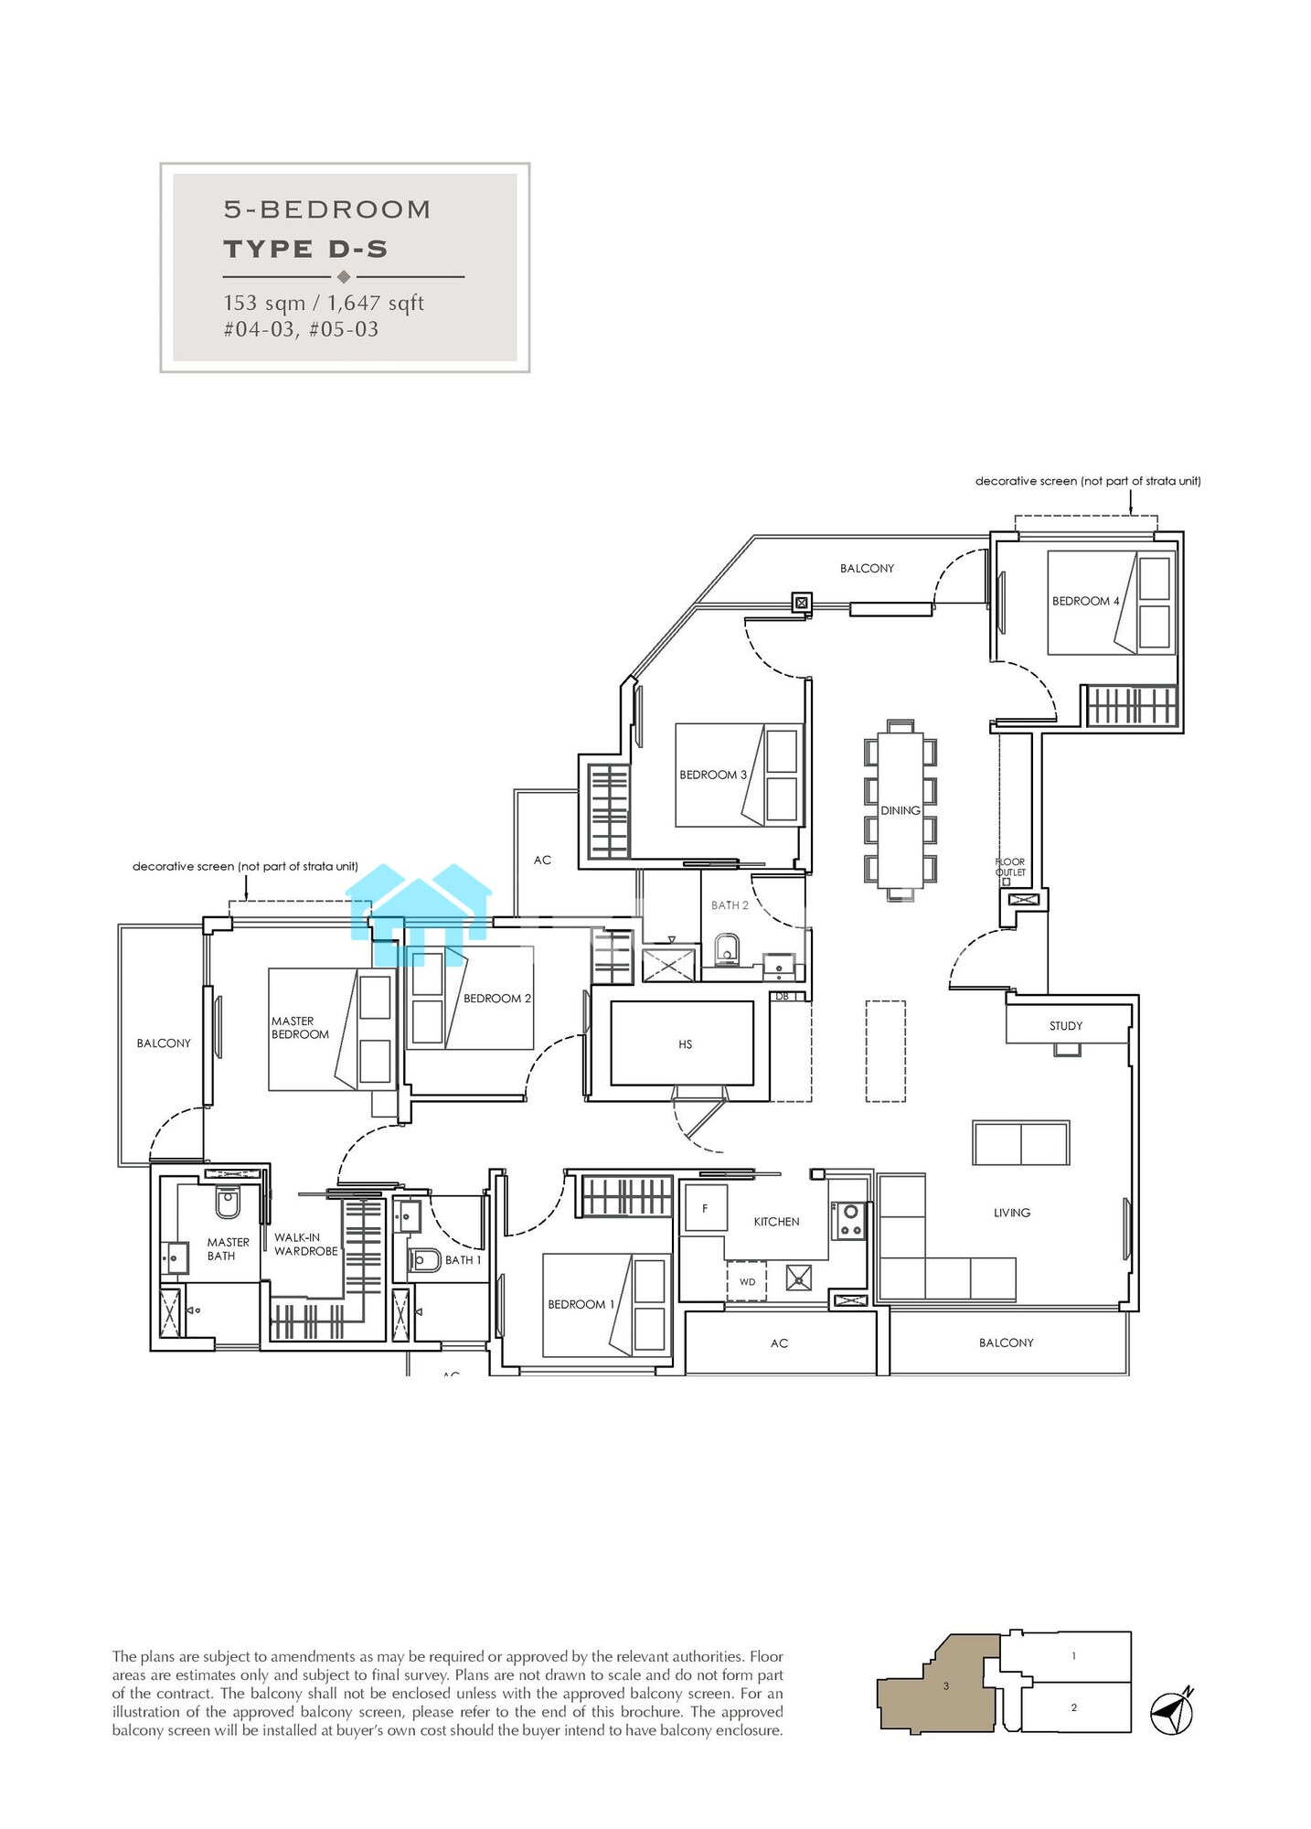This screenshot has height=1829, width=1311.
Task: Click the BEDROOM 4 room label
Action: (x=1085, y=601)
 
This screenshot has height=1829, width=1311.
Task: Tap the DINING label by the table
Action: (x=901, y=810)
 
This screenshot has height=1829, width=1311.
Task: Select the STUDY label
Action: (x=1066, y=1026)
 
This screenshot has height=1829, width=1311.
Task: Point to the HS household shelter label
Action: (x=686, y=1044)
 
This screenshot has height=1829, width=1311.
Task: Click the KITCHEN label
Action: (x=776, y=1222)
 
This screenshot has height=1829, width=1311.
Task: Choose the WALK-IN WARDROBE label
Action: (x=306, y=1245)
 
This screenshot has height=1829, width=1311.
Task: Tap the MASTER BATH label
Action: (x=228, y=1249)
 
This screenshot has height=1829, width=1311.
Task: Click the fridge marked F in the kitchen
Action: (x=706, y=1209)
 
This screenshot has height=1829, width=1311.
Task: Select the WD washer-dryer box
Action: (x=747, y=1281)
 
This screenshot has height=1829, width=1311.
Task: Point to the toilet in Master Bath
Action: (x=228, y=1202)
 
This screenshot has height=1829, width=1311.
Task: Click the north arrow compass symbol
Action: (x=1172, y=1710)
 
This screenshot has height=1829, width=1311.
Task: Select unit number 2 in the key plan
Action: (x=1073, y=1707)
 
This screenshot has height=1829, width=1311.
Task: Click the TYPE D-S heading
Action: (x=306, y=249)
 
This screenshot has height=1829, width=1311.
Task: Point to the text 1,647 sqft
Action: (x=376, y=303)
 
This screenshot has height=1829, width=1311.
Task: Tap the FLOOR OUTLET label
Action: (x=1010, y=867)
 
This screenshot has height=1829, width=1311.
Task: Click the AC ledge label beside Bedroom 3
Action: (x=542, y=861)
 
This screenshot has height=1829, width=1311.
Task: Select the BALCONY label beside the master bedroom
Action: (x=164, y=1043)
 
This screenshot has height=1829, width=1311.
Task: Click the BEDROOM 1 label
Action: (x=581, y=1304)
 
